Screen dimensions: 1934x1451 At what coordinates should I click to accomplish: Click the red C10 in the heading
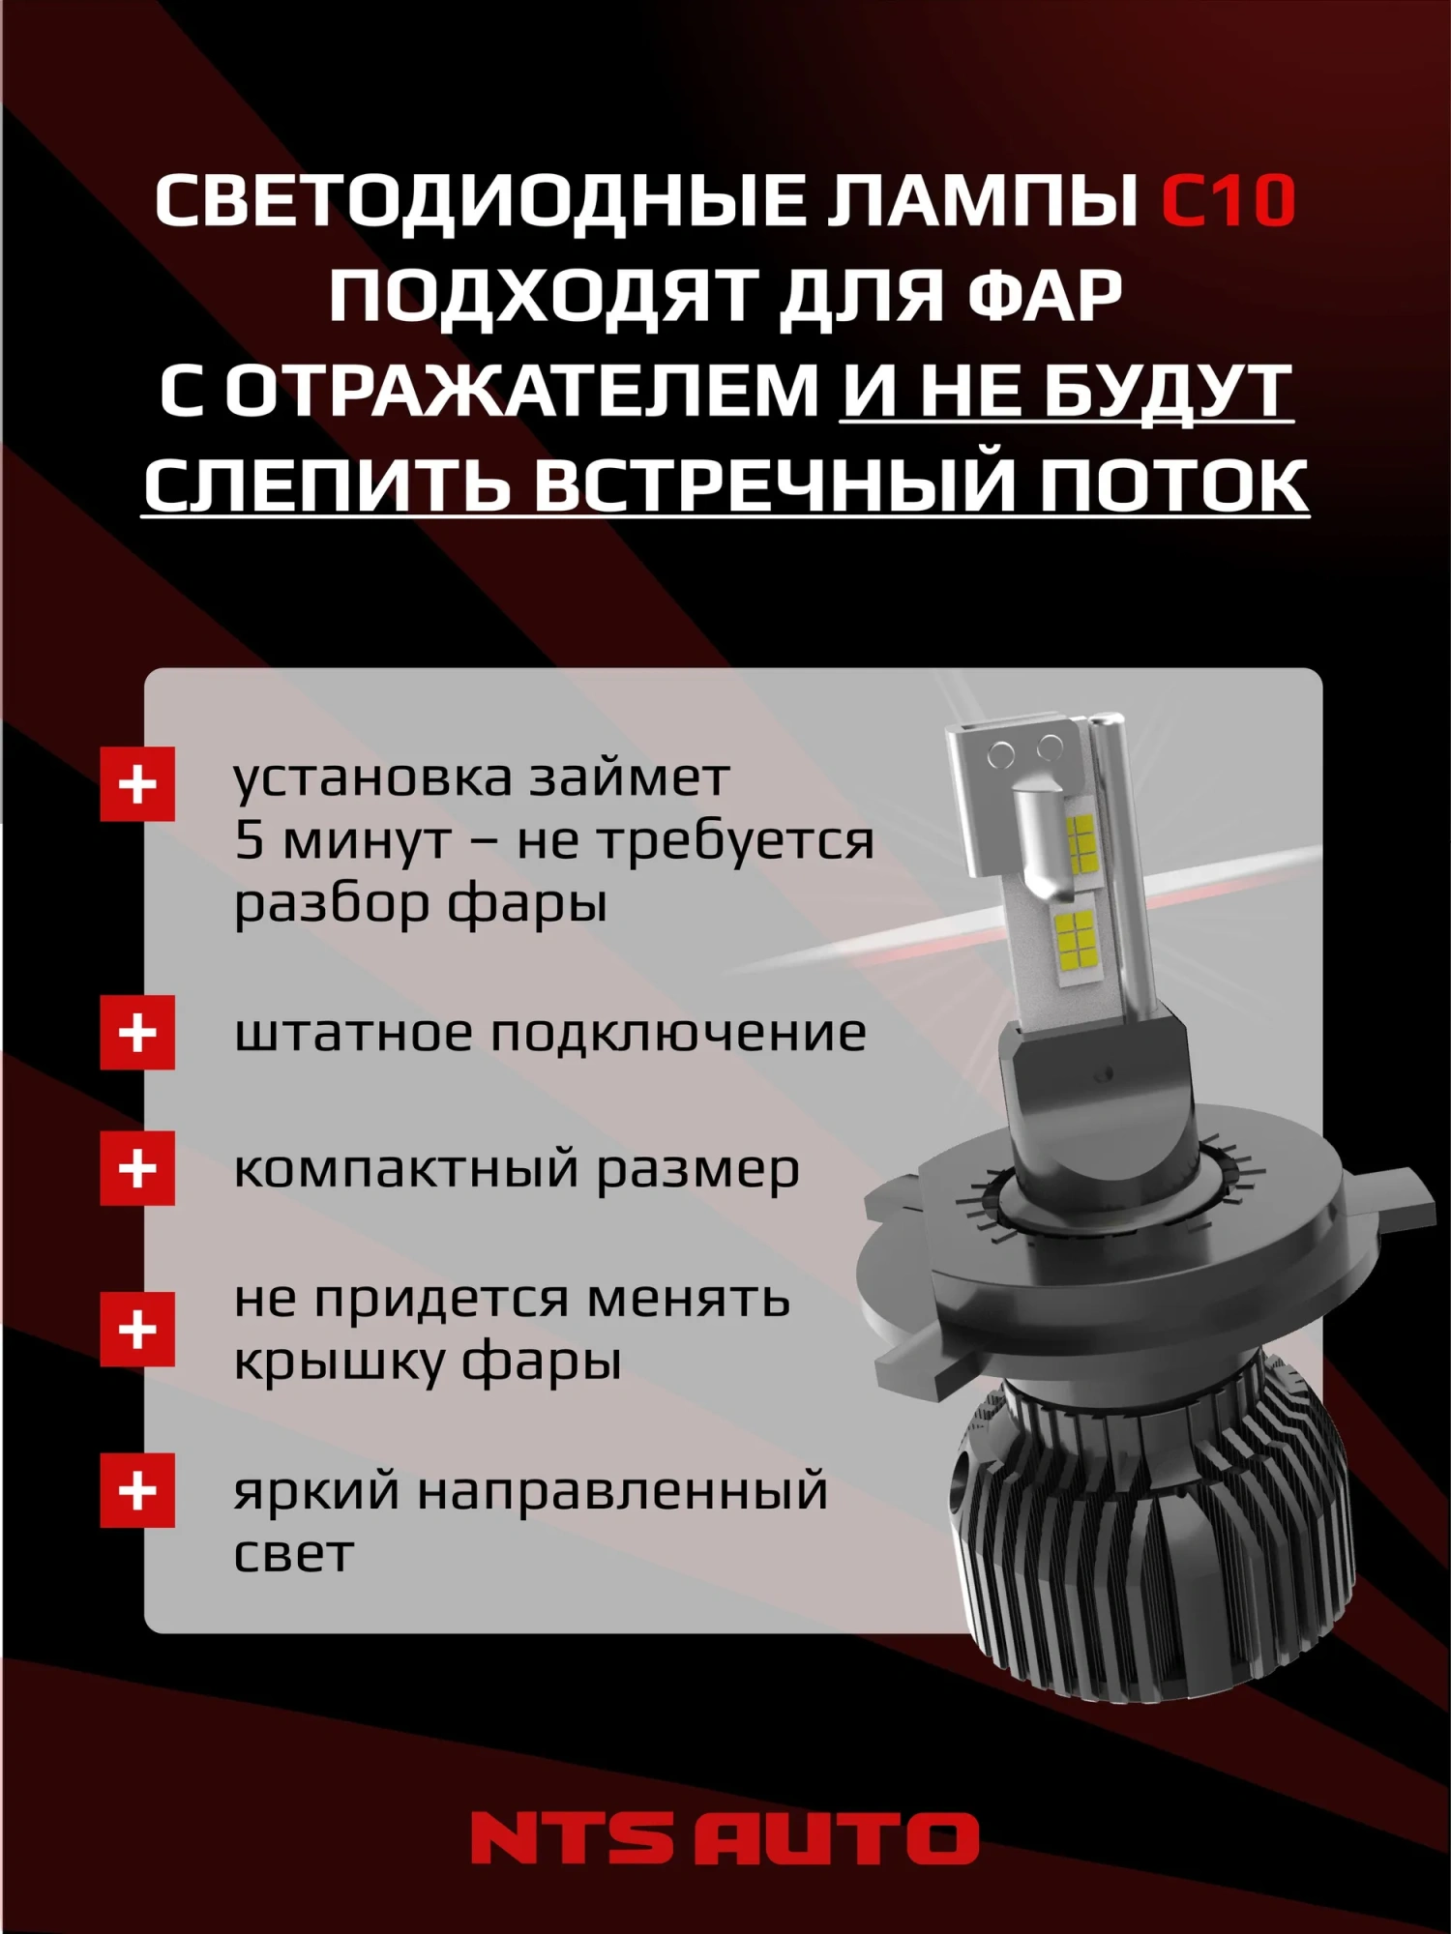coord(1228,201)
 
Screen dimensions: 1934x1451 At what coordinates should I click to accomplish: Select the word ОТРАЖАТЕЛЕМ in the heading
coord(522,391)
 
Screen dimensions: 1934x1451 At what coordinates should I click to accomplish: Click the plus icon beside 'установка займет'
coord(137,784)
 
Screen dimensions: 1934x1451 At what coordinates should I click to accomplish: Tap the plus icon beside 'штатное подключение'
coord(137,1033)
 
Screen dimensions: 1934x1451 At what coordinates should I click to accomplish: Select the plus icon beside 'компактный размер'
coord(137,1168)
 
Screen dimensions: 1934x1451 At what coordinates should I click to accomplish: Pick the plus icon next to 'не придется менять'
coord(137,1330)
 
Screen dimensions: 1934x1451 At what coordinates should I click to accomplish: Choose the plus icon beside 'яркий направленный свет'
coord(137,1490)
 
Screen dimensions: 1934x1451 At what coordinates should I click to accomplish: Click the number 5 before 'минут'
coord(249,839)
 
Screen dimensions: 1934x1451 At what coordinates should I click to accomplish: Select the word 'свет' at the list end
coord(292,1554)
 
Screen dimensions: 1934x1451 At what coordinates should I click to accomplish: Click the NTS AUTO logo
coord(725,1837)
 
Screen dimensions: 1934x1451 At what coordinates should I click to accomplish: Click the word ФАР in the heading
coord(1045,295)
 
